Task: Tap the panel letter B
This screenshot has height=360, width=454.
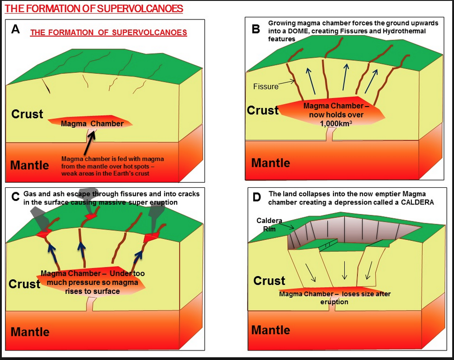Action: [256, 29]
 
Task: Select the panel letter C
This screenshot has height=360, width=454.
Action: [15, 196]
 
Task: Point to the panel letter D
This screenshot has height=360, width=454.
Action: [257, 197]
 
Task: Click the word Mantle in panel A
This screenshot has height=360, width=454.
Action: [29, 165]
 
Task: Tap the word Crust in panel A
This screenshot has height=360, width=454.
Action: [27, 114]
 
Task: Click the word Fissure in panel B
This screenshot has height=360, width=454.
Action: [266, 86]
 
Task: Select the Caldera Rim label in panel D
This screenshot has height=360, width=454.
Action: [269, 224]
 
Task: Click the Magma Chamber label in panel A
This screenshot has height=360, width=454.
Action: [92, 124]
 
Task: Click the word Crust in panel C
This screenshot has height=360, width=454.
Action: [24, 284]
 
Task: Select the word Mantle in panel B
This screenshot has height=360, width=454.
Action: [270, 163]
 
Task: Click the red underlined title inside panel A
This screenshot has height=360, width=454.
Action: [108, 33]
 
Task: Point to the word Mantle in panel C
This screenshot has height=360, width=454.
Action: [29, 331]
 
